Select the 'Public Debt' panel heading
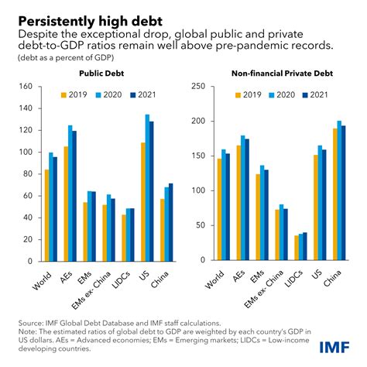pyautogui.click(x=103, y=74)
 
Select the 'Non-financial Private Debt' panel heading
pyautogui.click(x=273, y=74)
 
